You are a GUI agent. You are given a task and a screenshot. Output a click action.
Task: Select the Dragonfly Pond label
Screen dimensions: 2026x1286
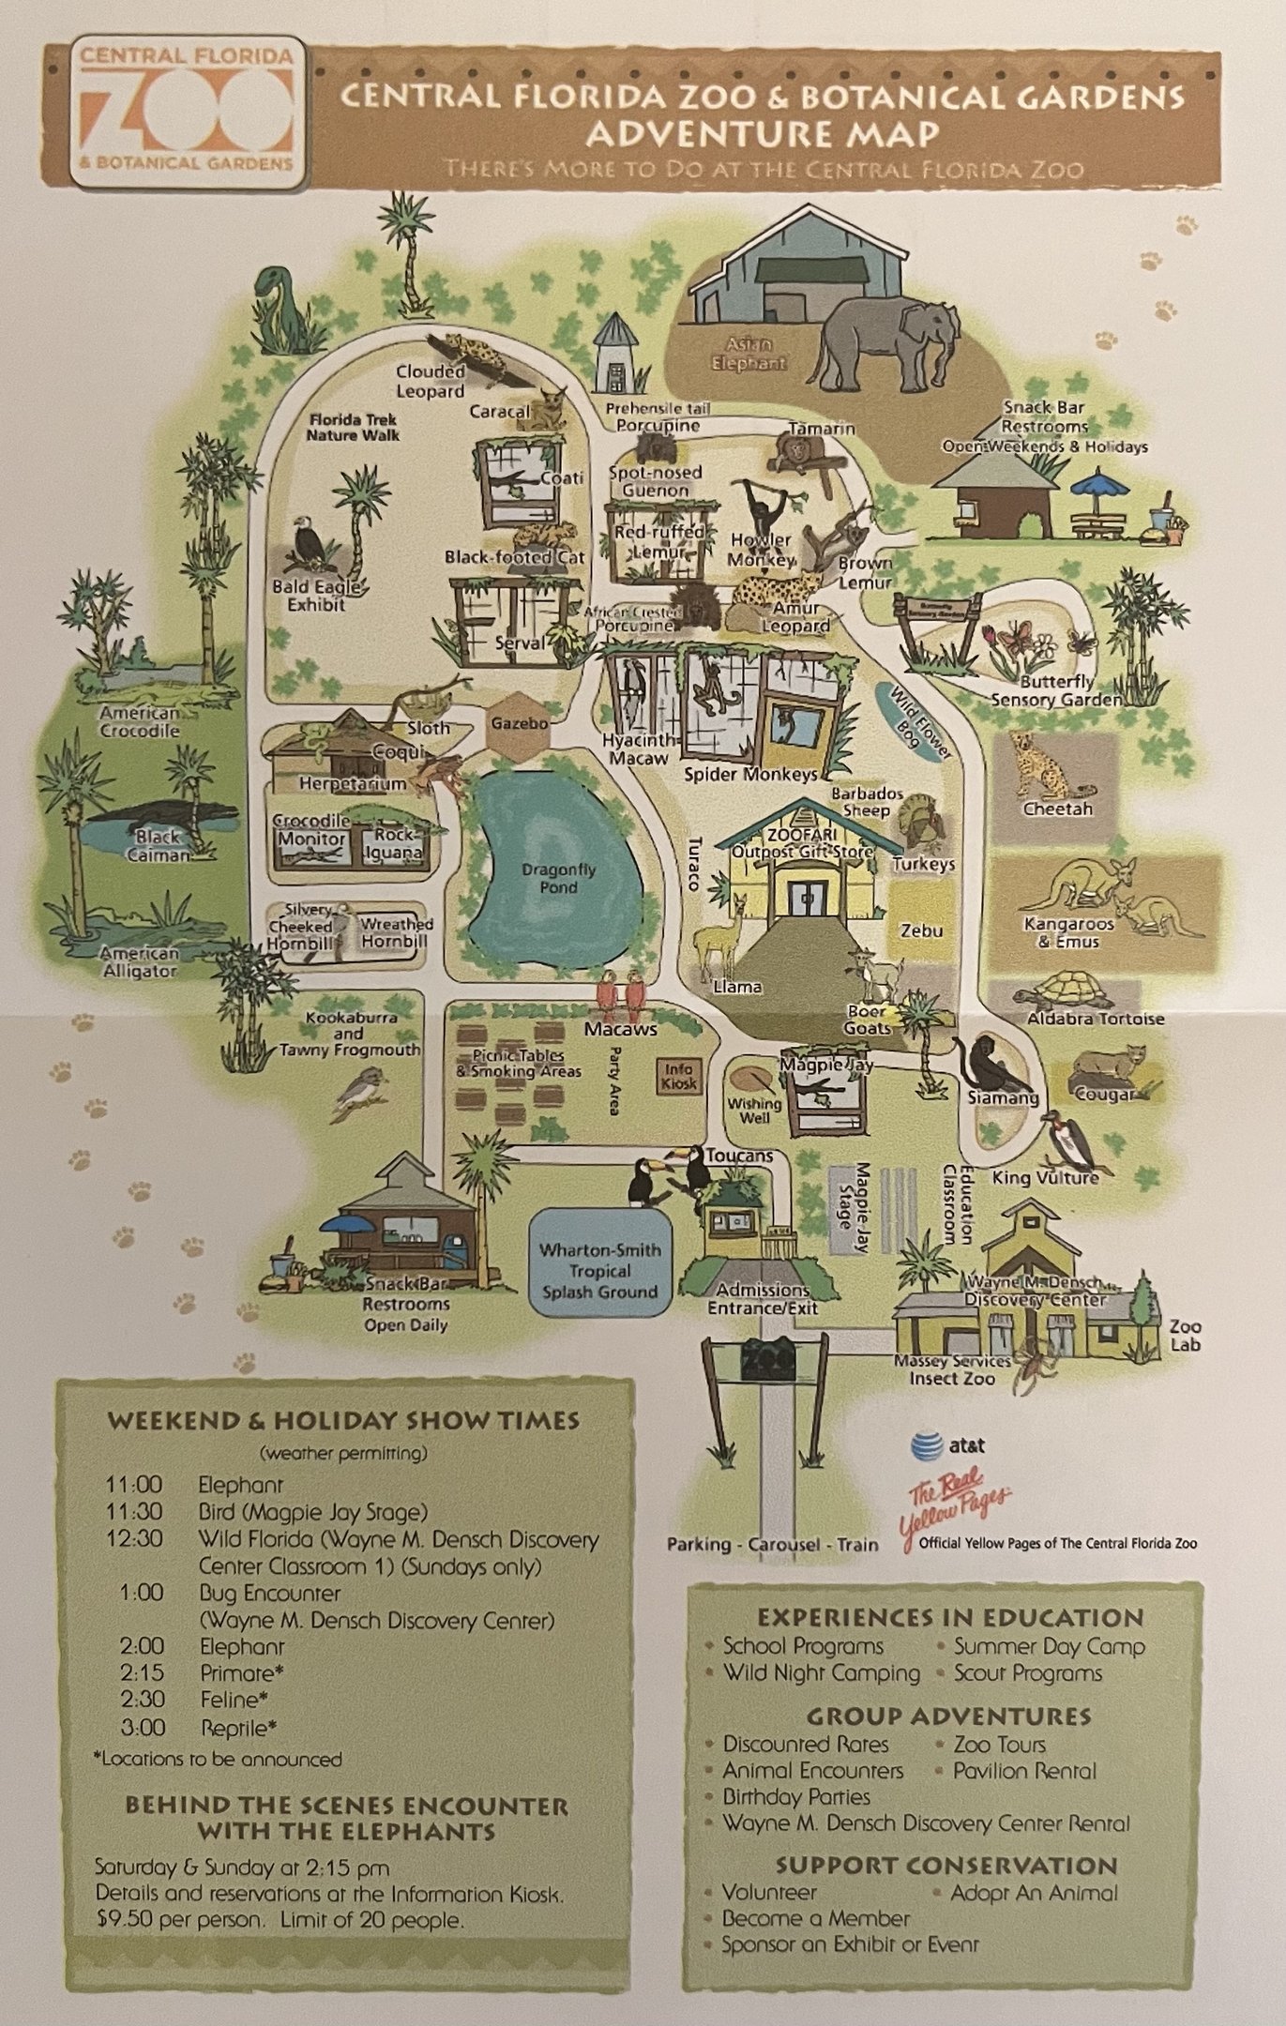pyautogui.click(x=559, y=878)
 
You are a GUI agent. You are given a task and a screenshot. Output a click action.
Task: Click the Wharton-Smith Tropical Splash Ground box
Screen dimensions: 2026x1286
pyautogui.click(x=599, y=1271)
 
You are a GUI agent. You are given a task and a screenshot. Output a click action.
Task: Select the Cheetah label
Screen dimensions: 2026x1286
pyautogui.click(x=1058, y=809)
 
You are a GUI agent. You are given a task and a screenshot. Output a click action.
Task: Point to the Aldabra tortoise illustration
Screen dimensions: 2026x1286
pyautogui.click(x=1071, y=991)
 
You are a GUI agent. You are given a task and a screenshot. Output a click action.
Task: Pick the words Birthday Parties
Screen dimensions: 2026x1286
pyautogui.click(x=795, y=1797)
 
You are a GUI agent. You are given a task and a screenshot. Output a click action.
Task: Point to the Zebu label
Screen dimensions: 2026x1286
pyautogui.click(x=921, y=931)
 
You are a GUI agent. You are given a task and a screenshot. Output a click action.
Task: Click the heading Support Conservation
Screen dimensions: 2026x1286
pyautogui.click(x=946, y=1866)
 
